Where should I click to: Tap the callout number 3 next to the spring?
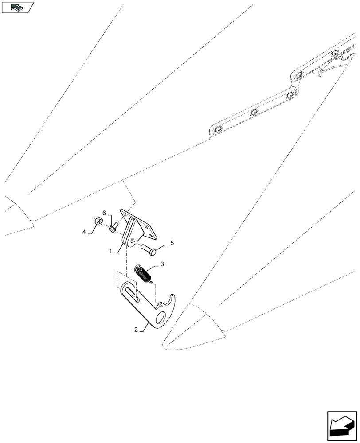tap(162, 264)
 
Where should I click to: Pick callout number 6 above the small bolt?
tap(105, 213)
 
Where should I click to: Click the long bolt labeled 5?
tap(149, 251)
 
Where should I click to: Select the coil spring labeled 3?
tap(142, 272)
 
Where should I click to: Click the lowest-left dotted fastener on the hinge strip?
tap(218, 130)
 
